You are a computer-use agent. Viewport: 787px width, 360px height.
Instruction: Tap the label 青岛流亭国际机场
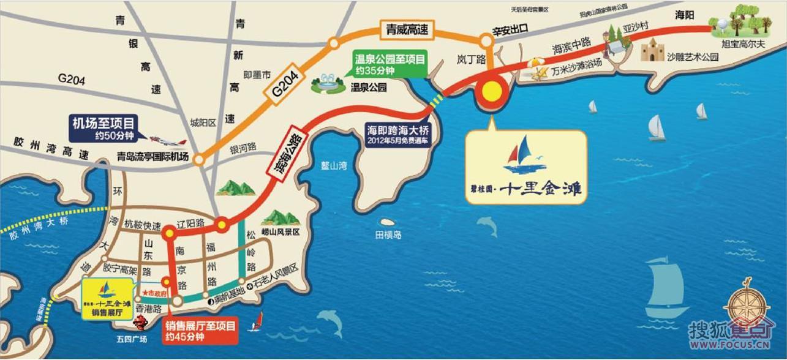point(153,156)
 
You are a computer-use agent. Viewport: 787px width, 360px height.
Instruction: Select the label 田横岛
point(388,234)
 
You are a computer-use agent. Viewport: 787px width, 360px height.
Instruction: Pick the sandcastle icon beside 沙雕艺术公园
point(652,50)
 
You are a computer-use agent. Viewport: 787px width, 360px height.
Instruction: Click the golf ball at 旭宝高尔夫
point(721,23)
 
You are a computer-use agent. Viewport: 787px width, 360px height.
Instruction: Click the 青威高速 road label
point(406,28)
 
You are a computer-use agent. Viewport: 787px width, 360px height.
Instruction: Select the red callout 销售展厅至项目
point(200,331)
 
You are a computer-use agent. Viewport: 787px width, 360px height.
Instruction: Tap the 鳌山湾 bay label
point(334,165)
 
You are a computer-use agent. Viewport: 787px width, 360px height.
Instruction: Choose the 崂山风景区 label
point(280,233)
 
